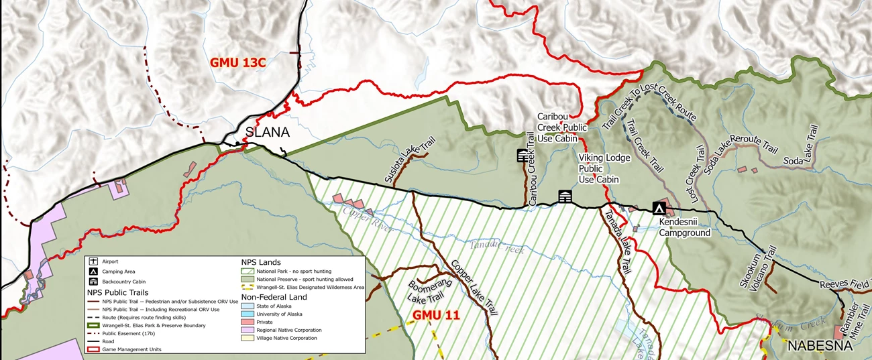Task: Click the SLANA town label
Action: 267,133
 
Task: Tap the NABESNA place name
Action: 820,346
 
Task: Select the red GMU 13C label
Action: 238,62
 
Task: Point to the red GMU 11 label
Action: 436,314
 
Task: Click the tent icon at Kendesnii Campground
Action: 659,208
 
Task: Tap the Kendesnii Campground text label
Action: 684,227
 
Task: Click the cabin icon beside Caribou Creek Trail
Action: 523,156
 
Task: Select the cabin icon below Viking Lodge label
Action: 565,196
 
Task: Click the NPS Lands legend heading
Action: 261,262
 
